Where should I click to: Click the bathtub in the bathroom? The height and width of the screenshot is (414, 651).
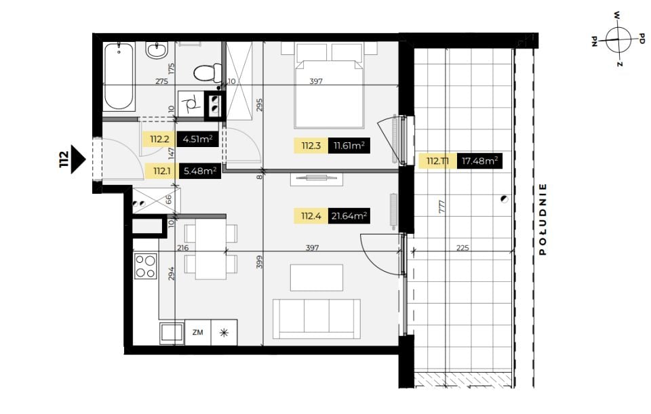click(x=119, y=76)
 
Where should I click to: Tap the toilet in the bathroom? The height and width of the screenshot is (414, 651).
click(x=208, y=73)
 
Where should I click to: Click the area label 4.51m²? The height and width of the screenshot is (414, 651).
click(x=197, y=139)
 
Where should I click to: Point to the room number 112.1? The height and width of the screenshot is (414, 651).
click(x=162, y=171)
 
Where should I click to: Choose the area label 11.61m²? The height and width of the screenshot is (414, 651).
click(x=349, y=146)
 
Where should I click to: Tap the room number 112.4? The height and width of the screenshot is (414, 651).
click(x=311, y=215)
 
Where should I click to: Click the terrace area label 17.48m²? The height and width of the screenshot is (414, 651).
click(x=479, y=161)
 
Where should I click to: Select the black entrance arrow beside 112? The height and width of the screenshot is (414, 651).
click(x=78, y=159)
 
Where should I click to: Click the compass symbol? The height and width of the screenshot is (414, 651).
click(x=618, y=40)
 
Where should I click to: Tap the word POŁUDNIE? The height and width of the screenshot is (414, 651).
click(x=542, y=220)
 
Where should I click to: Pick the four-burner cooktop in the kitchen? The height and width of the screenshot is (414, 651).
click(x=145, y=266)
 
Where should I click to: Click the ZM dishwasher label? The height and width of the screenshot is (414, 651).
click(x=197, y=332)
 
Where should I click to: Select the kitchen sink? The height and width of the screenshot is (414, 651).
click(x=172, y=333)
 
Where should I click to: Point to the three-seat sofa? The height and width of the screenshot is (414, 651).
click(x=317, y=319)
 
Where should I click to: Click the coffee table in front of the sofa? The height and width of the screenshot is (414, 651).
click(x=317, y=278)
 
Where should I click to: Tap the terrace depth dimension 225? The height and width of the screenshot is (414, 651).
click(x=462, y=247)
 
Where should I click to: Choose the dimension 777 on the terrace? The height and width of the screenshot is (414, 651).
click(x=441, y=207)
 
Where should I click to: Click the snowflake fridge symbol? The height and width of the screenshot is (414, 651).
click(x=224, y=332)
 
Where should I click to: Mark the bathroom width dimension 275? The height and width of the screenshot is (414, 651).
click(x=161, y=81)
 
